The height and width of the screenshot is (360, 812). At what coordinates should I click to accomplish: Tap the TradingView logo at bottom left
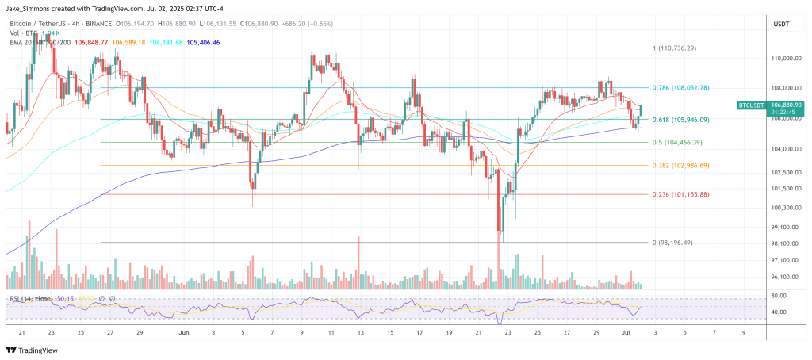(34, 349)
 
